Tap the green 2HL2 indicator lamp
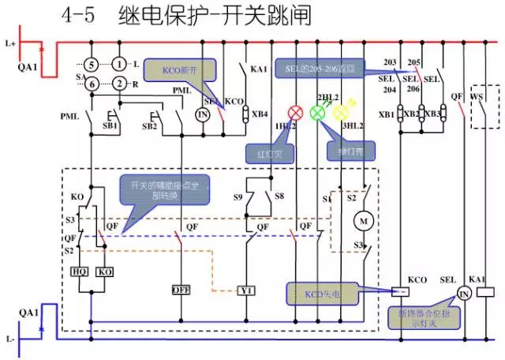[318, 112]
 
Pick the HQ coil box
[80, 272]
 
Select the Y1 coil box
[248, 291]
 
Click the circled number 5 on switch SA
[91, 63]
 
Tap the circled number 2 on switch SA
[118, 84]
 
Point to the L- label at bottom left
[9, 339]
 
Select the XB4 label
[259, 114]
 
